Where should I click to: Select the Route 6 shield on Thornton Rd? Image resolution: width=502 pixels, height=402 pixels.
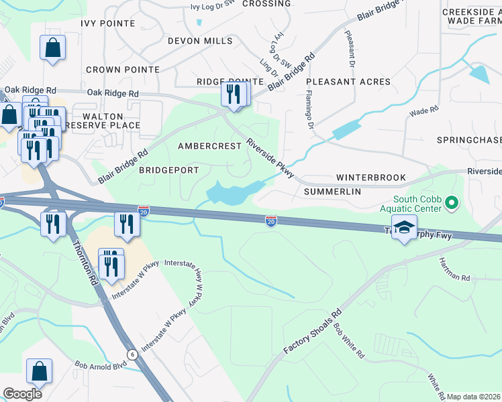(132, 354)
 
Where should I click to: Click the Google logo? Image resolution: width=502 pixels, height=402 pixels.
(22, 394)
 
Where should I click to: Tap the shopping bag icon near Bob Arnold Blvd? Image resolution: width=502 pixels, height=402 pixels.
(40, 372)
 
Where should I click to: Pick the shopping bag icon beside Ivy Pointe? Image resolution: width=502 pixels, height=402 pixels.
(52, 48)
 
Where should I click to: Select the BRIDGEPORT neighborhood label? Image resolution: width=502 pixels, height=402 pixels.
(168, 170)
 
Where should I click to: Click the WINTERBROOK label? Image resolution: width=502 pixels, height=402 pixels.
(371, 178)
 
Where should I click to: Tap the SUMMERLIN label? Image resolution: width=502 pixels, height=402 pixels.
(332, 192)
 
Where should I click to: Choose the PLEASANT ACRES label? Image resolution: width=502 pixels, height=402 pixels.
(348, 82)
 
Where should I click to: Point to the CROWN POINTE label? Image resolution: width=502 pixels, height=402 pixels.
(123, 69)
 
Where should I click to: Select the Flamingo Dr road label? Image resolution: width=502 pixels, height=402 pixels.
(309, 111)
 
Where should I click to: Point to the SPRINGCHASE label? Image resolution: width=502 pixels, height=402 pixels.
(468, 140)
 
